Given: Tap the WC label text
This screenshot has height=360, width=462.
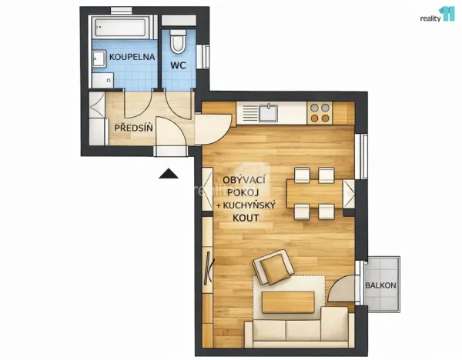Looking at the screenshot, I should point(179,66).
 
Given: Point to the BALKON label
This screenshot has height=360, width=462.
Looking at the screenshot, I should point(381,285).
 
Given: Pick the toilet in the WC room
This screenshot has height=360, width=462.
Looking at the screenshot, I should point(179,39).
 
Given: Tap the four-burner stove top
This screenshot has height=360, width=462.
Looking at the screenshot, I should point(320,114).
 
